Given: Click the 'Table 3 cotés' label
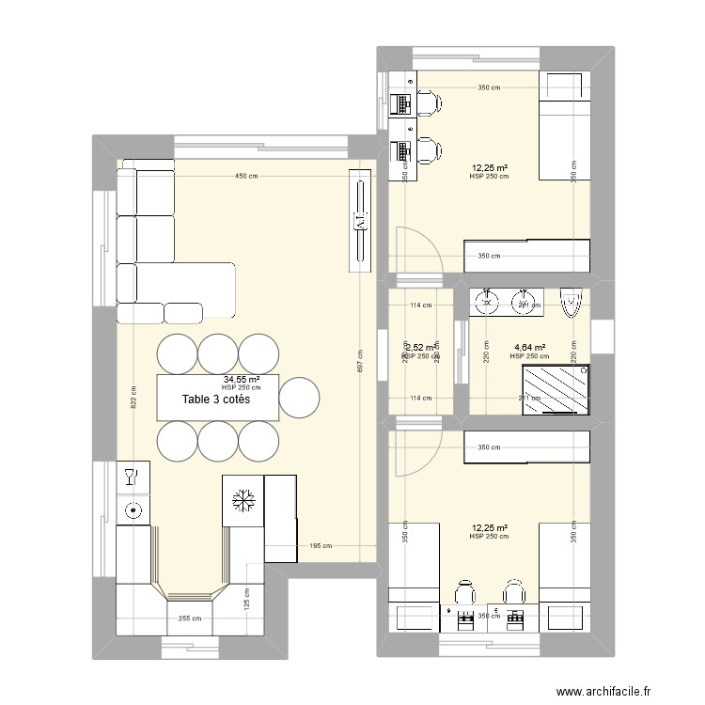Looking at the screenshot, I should pyautogui.click(x=218, y=399).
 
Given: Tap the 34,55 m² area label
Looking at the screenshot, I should pyautogui.click(x=242, y=380).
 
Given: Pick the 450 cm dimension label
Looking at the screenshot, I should pyautogui.click(x=246, y=176).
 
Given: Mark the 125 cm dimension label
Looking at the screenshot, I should pyautogui.click(x=246, y=595).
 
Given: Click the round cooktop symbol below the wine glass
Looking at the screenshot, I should pyautogui.click(x=132, y=510).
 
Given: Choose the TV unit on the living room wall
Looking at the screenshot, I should pyautogui.click(x=360, y=220).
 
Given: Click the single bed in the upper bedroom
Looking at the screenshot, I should pyautogui.click(x=564, y=126).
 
